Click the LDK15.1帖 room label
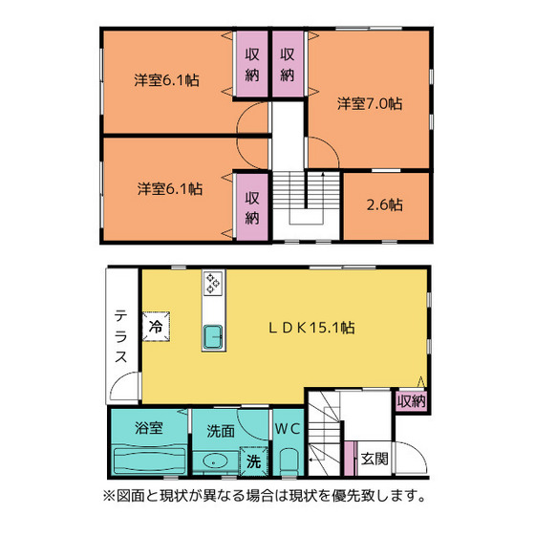coord(311,328)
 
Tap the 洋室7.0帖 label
coord(370,103)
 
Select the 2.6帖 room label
coord(384,204)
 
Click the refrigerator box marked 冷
coord(156,326)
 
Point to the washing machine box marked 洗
coord(253,460)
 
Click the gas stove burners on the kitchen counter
coord(213,283)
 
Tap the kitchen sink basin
coord(213,337)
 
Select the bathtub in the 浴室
coord(149,460)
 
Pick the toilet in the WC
coord(289,461)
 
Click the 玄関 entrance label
coord(374,459)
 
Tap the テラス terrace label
coord(121,336)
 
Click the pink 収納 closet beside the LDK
coord(412,401)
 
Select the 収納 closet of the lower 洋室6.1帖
coord(252,207)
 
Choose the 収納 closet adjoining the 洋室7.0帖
coord(288,64)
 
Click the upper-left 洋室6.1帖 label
coord(166,80)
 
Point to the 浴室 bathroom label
coord(149,428)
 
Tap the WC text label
coord(288,429)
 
